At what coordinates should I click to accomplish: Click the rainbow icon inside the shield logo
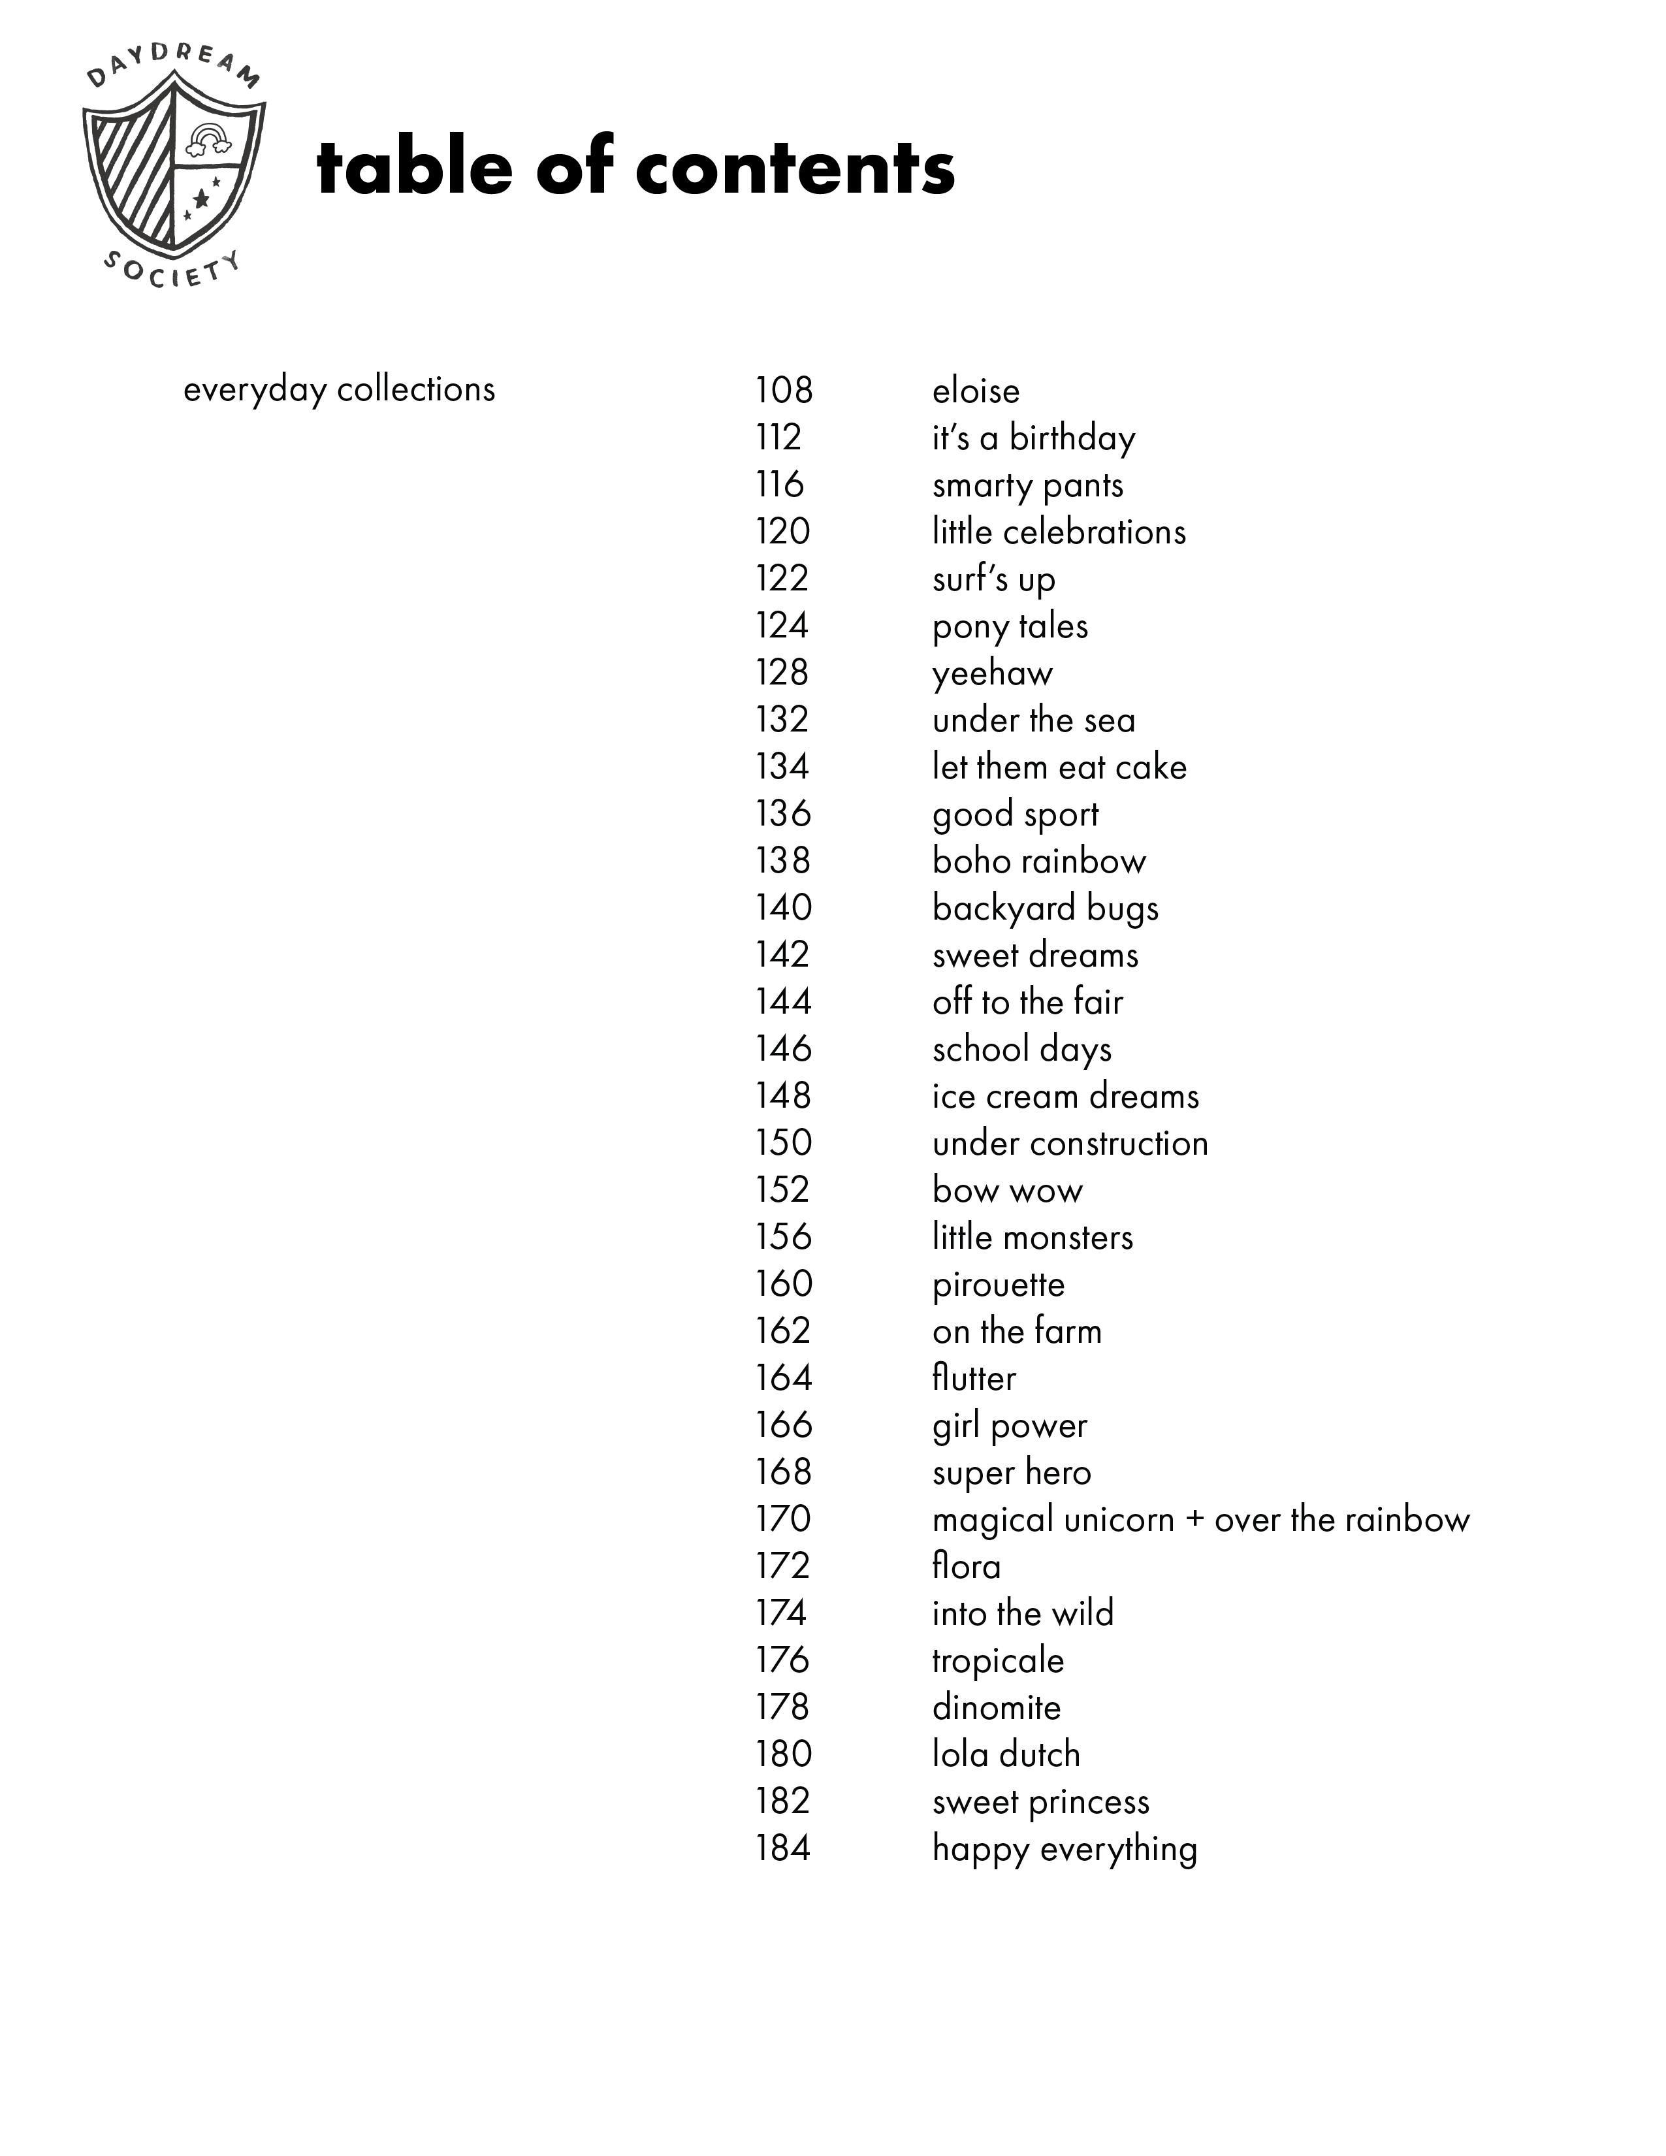pyautogui.click(x=207, y=140)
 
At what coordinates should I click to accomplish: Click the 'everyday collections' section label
pyautogui.click(x=338, y=390)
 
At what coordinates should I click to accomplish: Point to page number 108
pyautogui.click(x=784, y=391)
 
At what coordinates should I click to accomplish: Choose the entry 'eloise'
pyautogui.click(x=975, y=391)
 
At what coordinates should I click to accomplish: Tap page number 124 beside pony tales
pyautogui.click(x=782, y=626)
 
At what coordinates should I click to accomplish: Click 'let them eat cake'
pyautogui.click(x=1059, y=767)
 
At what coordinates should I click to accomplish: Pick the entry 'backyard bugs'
pyautogui.click(x=1045, y=909)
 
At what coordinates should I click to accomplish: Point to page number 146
pyautogui.click(x=782, y=1048)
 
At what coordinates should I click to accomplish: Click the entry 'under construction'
pyautogui.click(x=1070, y=1143)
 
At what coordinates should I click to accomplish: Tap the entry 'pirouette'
pyautogui.click(x=998, y=1284)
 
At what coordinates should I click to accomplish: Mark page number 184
pyautogui.click(x=782, y=1848)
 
